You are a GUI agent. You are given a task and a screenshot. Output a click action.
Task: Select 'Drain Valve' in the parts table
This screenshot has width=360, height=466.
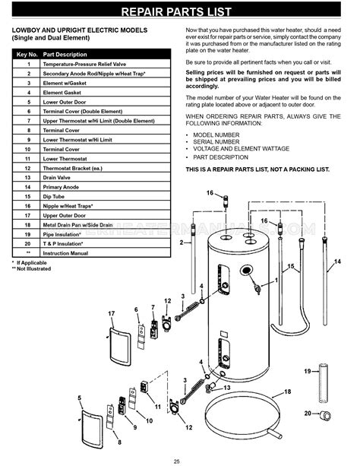pyautogui.click(x=62, y=176)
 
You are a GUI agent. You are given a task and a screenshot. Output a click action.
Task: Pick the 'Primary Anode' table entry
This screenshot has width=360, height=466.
pyautogui.click(x=65, y=185)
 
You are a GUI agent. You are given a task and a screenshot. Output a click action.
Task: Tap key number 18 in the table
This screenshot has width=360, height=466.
pyautogui.click(x=28, y=225)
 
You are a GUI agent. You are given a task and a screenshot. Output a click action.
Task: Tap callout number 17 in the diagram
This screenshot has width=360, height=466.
pyautogui.click(x=111, y=313)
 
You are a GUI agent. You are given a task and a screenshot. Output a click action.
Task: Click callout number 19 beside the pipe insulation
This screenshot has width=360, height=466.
pyautogui.click(x=307, y=371)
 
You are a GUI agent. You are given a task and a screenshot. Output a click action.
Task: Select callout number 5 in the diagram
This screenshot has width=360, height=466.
pyautogui.click(x=80, y=398)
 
